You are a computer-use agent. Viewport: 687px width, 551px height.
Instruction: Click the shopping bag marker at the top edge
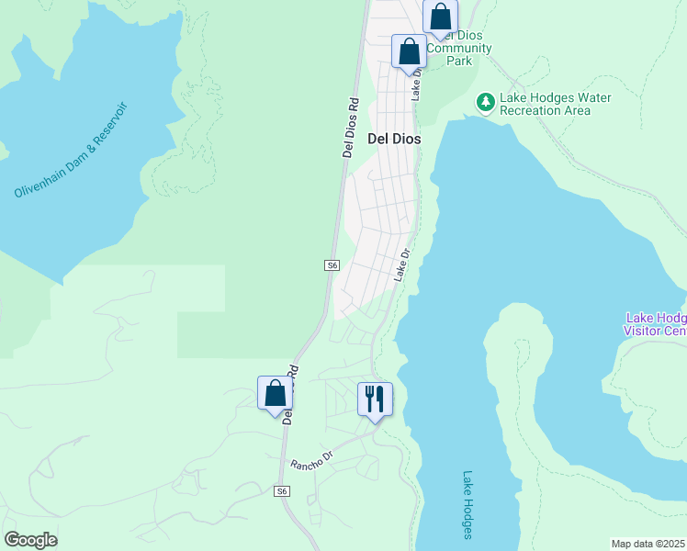point(441,16)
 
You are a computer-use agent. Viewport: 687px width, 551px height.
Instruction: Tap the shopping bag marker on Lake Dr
point(409,51)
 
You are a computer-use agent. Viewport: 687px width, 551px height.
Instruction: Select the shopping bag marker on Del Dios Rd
point(275,393)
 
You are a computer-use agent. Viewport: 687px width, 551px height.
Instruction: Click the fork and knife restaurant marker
point(375,399)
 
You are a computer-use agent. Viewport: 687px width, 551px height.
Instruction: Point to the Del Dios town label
point(394,140)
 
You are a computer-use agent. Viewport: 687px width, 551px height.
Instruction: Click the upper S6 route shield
point(332,265)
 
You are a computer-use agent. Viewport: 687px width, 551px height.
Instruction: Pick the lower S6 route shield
point(283,491)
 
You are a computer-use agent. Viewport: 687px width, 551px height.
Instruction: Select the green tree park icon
point(484,102)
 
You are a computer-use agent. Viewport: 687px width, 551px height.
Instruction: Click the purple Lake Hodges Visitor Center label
point(655,323)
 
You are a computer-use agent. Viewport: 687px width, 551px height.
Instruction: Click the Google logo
point(30,540)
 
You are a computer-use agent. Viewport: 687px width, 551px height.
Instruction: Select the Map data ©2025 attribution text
point(648,543)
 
